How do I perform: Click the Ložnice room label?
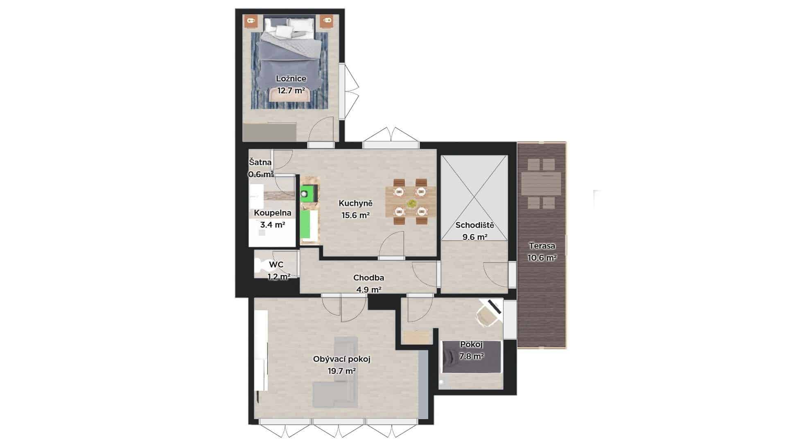(x=291, y=79)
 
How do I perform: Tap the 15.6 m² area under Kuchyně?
(x=356, y=215)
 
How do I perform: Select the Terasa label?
(x=542, y=246)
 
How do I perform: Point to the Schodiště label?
(x=475, y=225)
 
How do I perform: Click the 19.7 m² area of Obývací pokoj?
(x=341, y=371)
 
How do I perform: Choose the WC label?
(x=276, y=265)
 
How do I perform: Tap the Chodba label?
(x=368, y=278)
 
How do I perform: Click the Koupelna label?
(x=273, y=213)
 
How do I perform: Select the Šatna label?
(x=260, y=162)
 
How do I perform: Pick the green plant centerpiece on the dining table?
(x=411, y=203)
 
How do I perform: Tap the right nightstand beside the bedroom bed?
(x=326, y=21)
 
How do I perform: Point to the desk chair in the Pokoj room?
(x=487, y=316)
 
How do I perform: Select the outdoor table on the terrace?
(x=541, y=184)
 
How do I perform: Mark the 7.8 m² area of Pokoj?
(x=472, y=356)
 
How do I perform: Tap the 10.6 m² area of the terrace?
(x=542, y=258)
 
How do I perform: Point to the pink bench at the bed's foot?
(x=290, y=95)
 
